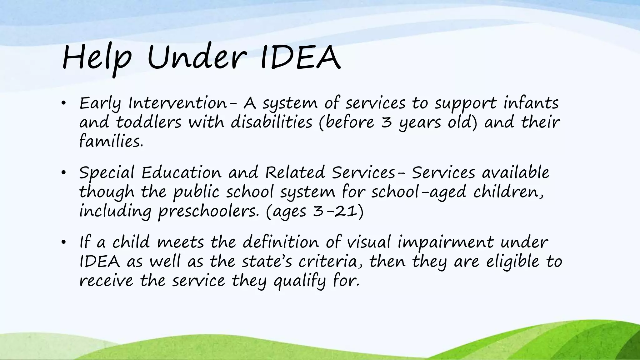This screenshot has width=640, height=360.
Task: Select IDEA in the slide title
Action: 300,57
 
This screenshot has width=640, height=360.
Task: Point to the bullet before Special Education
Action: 63,173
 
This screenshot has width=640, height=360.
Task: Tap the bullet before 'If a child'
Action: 63,242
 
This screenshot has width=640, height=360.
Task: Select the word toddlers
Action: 148,122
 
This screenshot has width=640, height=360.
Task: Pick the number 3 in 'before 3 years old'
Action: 387,122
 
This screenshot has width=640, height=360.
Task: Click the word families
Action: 111,141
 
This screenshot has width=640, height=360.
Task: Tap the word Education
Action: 181,173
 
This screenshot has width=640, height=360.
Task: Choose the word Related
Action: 295,173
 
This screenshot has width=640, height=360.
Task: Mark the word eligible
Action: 513,262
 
